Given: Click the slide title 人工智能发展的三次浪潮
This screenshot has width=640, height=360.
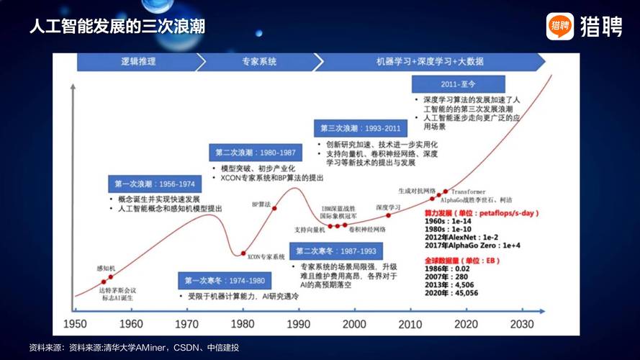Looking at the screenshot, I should (x=117, y=27).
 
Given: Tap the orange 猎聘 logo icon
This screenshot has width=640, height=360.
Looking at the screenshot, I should (x=559, y=27).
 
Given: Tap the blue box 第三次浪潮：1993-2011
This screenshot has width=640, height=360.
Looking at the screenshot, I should (x=361, y=128).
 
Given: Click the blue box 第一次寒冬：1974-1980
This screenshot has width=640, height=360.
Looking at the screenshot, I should (x=224, y=281).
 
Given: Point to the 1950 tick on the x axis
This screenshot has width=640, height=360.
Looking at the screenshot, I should (x=75, y=324).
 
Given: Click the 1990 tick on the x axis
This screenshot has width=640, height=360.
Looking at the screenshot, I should (x=298, y=324).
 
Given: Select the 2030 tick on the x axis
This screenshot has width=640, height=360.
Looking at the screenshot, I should (x=521, y=324).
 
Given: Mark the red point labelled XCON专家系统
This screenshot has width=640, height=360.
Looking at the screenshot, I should (x=243, y=253).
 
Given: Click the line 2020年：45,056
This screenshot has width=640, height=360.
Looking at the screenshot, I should (x=453, y=293).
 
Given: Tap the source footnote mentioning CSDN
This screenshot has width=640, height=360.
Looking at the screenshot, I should (x=133, y=348).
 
